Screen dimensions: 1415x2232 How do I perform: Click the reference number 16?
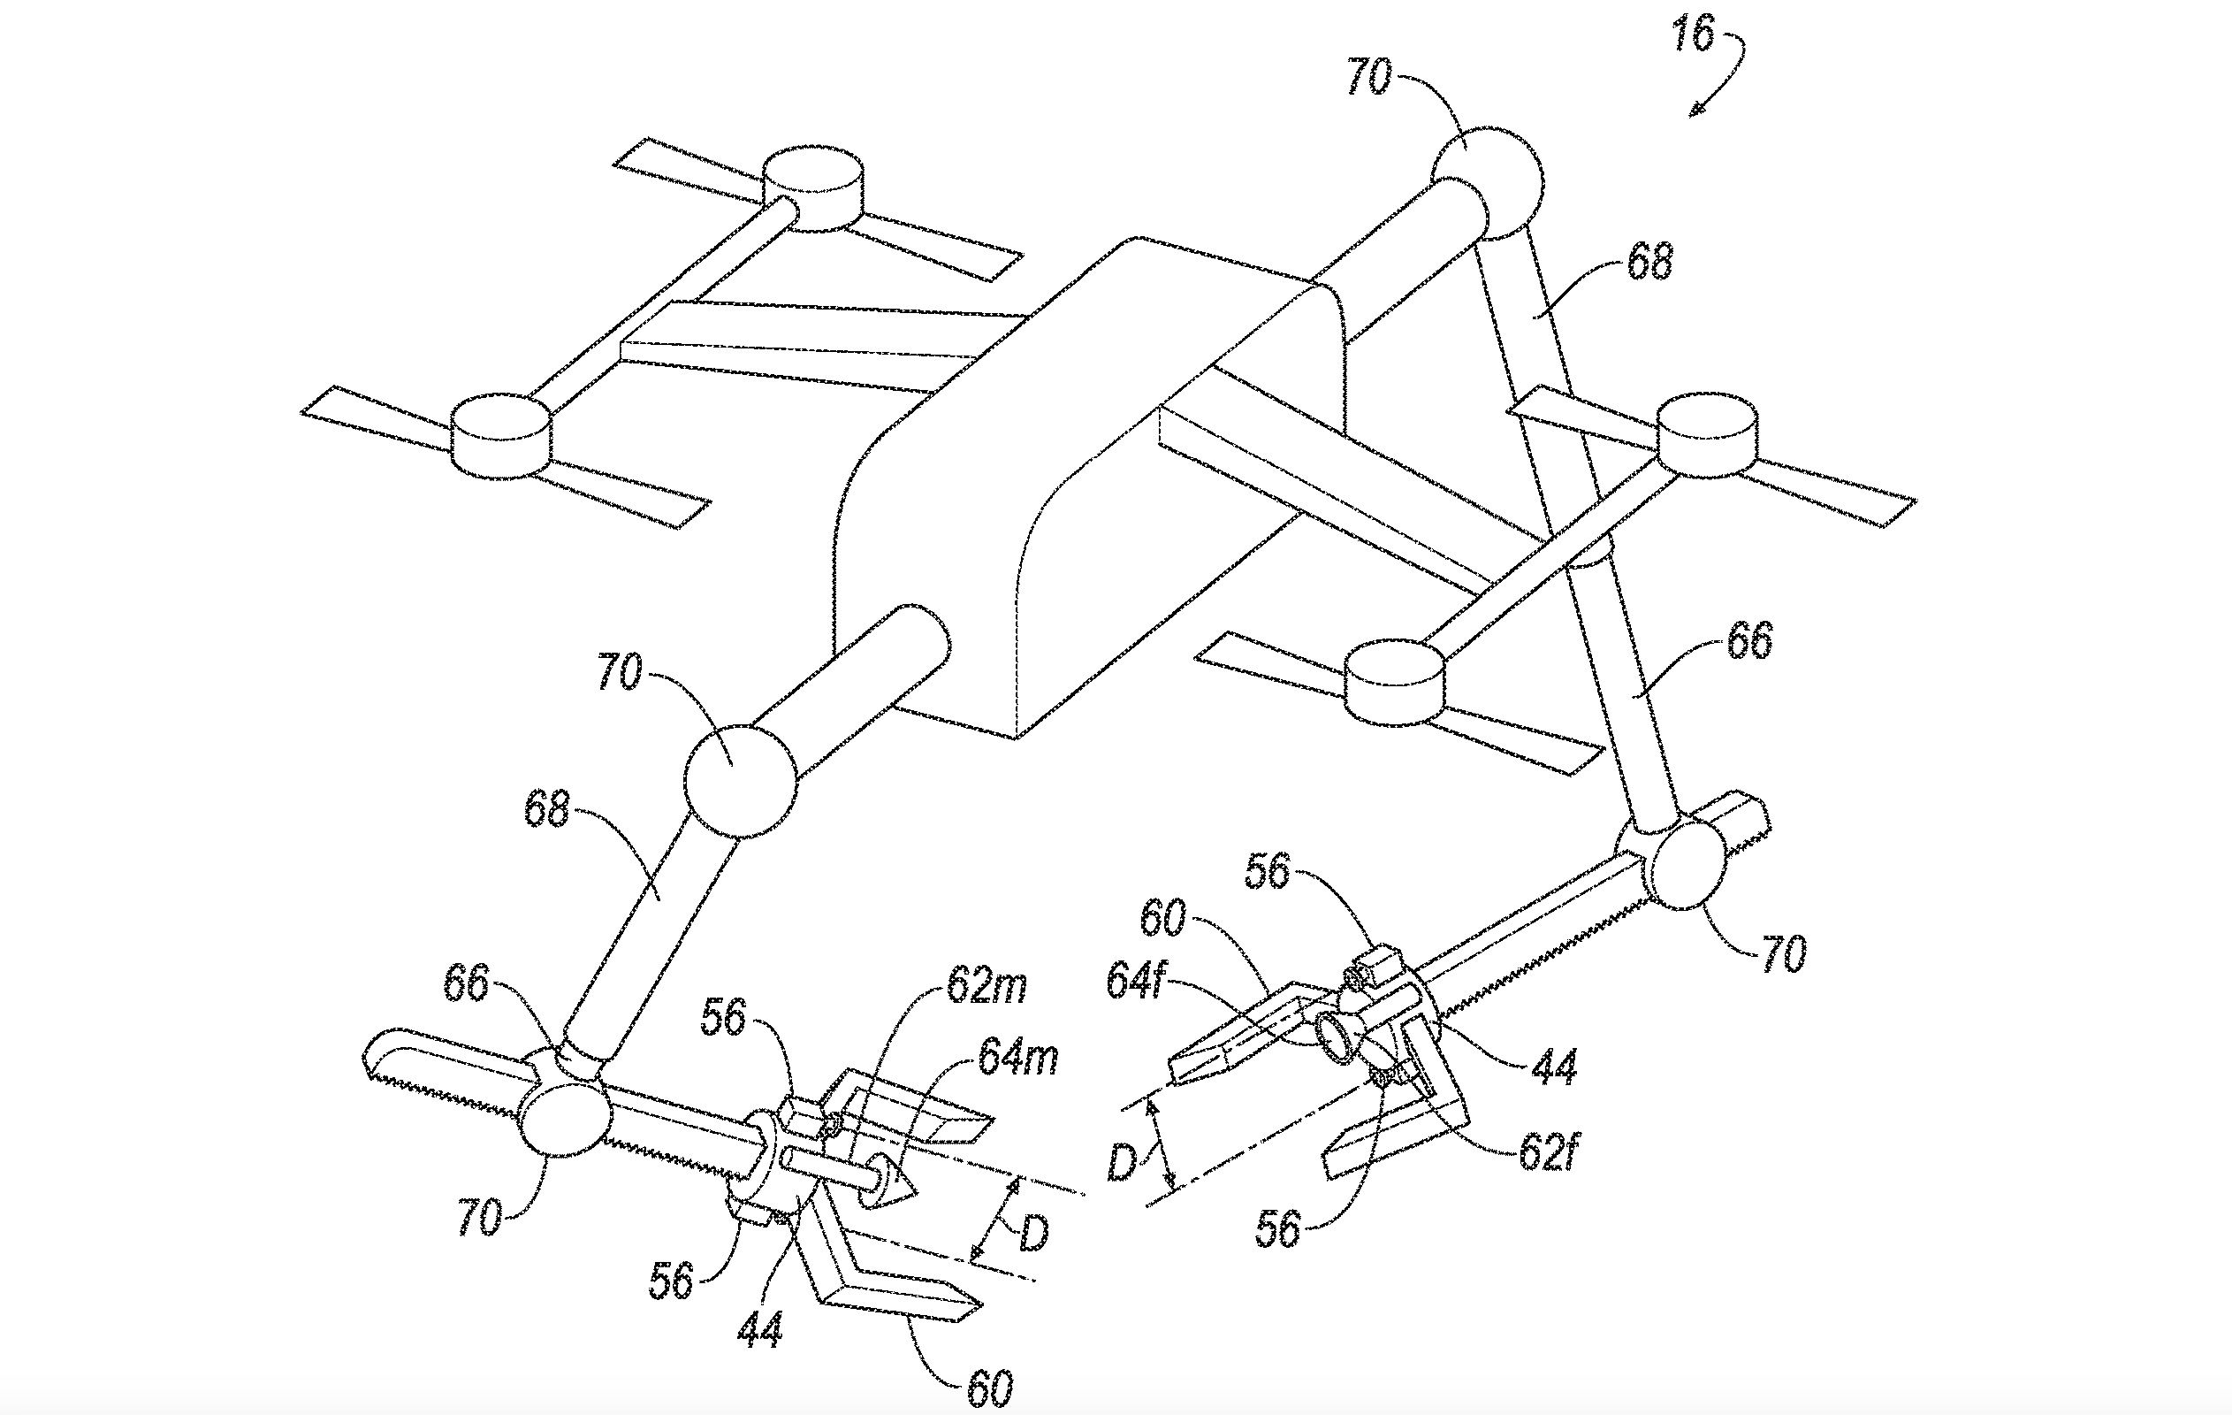click(x=1693, y=35)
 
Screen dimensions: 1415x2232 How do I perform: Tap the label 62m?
click(x=986, y=987)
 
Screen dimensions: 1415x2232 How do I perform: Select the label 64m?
click(x=1017, y=1058)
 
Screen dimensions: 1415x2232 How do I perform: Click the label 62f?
click(x=1546, y=1153)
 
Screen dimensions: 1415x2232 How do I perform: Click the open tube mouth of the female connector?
click(x=1336, y=1037)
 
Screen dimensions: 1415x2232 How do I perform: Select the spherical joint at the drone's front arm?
click(x=740, y=782)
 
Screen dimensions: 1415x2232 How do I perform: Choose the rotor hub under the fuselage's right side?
click(x=1394, y=685)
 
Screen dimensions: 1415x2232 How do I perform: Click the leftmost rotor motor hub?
click(x=500, y=435)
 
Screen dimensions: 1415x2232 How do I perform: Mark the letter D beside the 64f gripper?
click(x=1123, y=1162)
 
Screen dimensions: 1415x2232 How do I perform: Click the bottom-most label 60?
click(x=988, y=1388)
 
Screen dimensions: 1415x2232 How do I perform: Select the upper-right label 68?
click(x=1649, y=262)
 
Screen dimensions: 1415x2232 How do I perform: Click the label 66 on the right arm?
click(x=1749, y=639)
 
